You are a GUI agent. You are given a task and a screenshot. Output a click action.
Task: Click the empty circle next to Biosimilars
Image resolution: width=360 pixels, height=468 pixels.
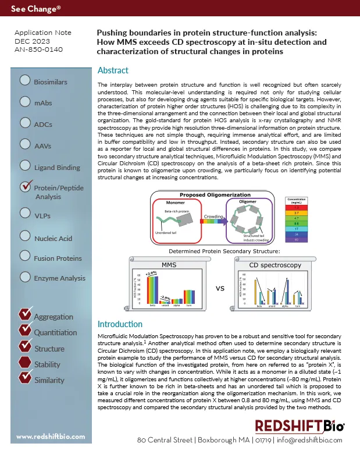click(25, 81)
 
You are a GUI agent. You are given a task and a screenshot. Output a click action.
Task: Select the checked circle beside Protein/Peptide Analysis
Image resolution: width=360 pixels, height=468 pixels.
click(26, 187)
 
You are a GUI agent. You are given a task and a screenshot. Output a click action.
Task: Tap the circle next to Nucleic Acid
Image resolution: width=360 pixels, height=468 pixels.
click(25, 236)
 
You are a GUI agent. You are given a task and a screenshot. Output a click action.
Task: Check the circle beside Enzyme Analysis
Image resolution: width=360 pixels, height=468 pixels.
click(25, 276)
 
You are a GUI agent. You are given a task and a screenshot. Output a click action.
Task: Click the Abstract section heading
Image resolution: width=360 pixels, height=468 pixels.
click(113, 70)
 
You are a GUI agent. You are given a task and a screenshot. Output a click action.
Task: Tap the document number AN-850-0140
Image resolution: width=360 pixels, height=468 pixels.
click(38, 49)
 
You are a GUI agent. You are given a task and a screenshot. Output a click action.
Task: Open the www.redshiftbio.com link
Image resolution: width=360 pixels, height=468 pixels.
click(50, 436)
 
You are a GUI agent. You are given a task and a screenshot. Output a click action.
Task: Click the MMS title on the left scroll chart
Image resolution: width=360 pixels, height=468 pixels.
click(169, 265)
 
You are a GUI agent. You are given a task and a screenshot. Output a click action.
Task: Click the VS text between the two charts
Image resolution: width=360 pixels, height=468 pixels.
click(220, 288)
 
